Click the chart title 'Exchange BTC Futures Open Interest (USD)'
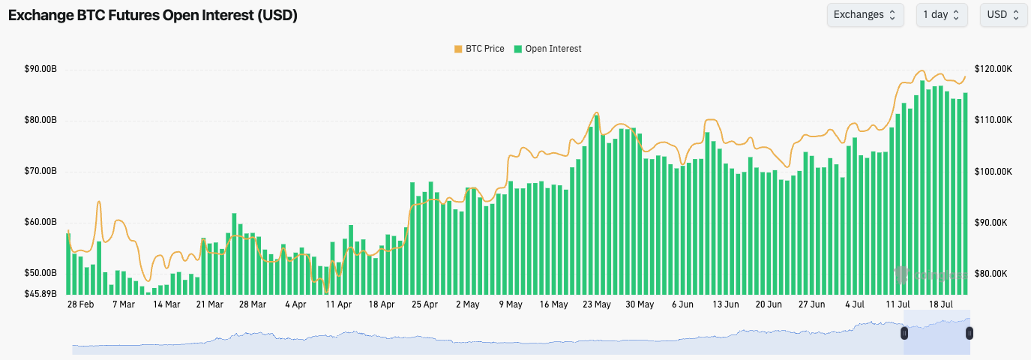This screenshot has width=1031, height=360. point(153,16)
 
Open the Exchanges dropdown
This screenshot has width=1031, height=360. point(864,15)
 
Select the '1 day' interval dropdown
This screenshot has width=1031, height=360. point(941,15)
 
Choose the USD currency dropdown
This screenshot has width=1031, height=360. point(1003,15)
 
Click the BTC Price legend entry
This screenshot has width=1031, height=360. point(480,49)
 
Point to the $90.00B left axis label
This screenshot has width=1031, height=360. point(40,69)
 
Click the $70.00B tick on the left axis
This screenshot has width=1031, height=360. point(40,171)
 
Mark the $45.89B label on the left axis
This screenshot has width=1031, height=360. point(40,293)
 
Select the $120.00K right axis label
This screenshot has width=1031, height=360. point(994,69)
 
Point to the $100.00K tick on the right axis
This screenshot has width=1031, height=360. point(994,171)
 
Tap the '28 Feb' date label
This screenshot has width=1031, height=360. point(80,304)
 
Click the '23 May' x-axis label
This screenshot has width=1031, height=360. point(597,304)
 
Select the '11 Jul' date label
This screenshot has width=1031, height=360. point(898,304)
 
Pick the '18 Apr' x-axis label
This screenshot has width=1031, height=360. point(382,304)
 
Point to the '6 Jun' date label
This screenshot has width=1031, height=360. point(683,304)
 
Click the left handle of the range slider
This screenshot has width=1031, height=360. point(904,332)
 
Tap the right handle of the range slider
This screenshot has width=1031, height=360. point(969,332)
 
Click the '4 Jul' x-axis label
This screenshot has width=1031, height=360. point(855,304)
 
